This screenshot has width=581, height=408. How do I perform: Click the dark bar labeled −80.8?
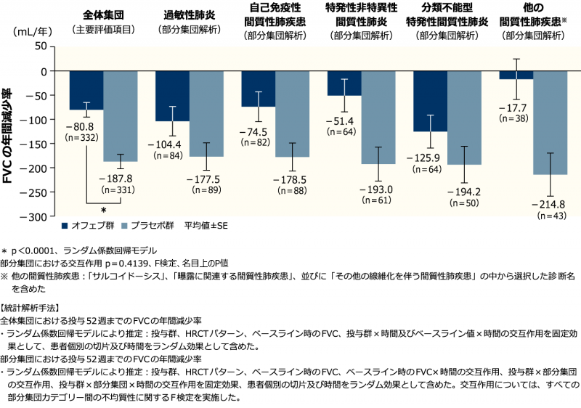[86, 90]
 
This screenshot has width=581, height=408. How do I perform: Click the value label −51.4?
[345, 121]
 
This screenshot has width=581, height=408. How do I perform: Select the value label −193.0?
[377, 189]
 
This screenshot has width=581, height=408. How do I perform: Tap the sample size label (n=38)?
[516, 118]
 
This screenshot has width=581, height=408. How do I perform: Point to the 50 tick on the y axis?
[38, 46]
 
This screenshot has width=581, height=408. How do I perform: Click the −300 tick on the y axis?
[33, 216]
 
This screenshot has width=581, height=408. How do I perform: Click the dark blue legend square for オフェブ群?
[65, 225]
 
